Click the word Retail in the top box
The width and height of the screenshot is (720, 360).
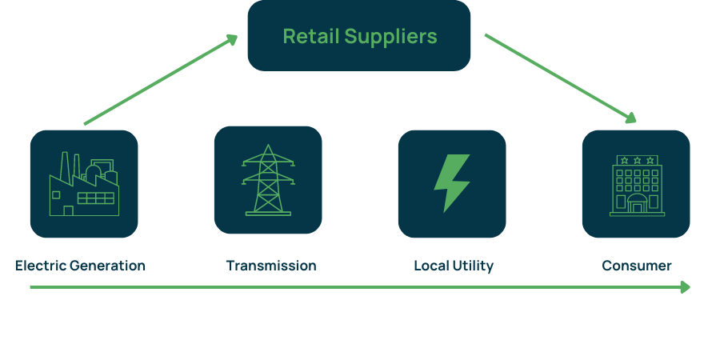point(311,36)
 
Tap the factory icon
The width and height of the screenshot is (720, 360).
point(84,184)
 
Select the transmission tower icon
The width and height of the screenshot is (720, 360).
point(268,180)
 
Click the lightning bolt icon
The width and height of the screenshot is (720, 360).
point(452,182)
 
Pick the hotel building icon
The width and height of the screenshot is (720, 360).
point(637,186)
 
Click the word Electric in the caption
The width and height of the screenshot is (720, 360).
point(41,266)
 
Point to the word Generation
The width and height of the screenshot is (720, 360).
point(107,266)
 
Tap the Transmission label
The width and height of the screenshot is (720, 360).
point(271,266)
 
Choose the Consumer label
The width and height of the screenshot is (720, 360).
point(637,266)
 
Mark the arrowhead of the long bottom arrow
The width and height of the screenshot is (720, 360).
point(685,287)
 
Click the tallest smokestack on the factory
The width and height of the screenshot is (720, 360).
point(64,166)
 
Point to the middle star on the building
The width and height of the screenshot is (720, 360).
point(637,160)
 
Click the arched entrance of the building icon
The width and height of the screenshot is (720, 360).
point(637,203)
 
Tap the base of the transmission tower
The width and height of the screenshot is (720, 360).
point(268,214)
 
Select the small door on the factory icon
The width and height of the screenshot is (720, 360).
point(69,210)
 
